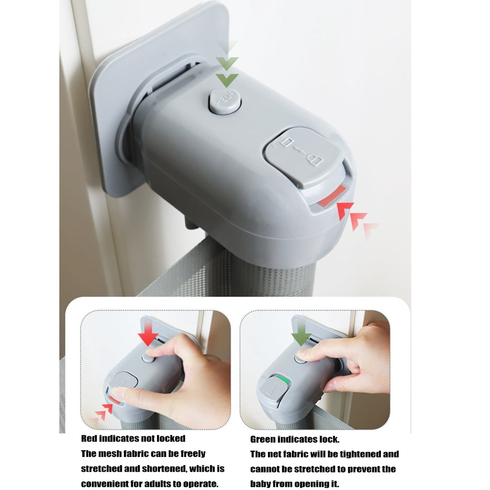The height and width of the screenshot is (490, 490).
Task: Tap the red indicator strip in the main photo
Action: [332, 196]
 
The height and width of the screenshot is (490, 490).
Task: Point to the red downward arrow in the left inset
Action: [148, 333]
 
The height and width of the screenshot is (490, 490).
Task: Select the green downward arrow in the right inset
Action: [301, 333]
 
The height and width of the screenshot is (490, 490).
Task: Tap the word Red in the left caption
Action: [88, 438]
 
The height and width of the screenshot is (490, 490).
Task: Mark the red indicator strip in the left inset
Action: [114, 399]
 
